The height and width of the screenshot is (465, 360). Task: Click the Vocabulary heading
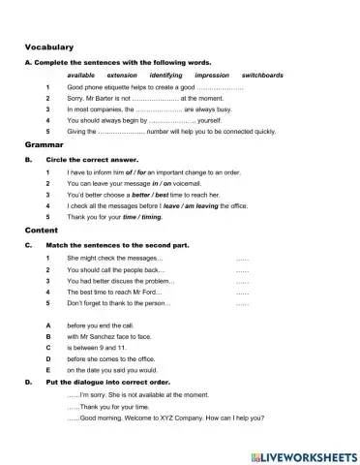click(x=50, y=46)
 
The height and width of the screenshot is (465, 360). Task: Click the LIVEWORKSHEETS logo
click(x=303, y=454)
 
